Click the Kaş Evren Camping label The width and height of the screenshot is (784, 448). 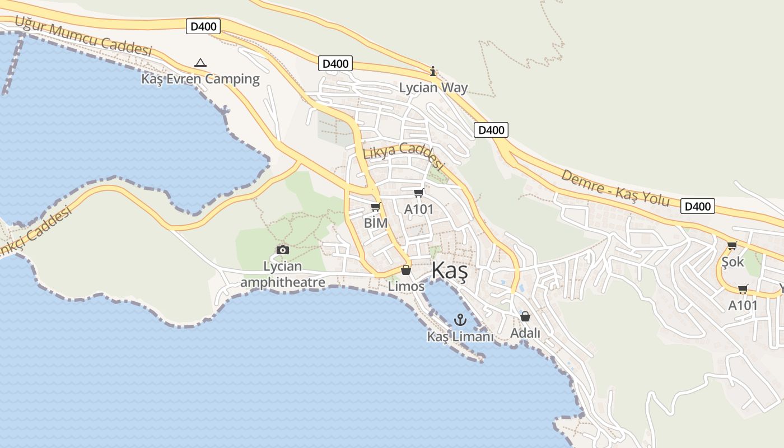(x=200, y=79)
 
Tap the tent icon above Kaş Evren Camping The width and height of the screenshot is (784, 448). (x=200, y=63)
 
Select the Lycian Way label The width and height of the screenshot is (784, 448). (x=433, y=87)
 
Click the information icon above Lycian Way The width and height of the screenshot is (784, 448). (x=432, y=71)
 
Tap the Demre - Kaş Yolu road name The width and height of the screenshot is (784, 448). (x=615, y=188)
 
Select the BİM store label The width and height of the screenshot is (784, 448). (x=376, y=223)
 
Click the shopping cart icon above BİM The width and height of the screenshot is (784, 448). (x=375, y=207)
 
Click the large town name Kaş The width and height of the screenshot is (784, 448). (x=449, y=272)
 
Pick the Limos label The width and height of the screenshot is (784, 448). (x=406, y=286)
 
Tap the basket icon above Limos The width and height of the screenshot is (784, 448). (x=406, y=270)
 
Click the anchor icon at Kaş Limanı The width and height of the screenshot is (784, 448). (x=460, y=320)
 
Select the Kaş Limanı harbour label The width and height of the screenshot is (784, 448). (x=460, y=337)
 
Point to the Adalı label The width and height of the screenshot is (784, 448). (x=525, y=333)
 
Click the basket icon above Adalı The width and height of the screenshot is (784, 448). (x=525, y=316)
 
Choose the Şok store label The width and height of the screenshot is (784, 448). (x=732, y=262)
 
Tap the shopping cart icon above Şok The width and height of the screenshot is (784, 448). (x=732, y=245)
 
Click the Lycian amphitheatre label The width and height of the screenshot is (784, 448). (x=283, y=274)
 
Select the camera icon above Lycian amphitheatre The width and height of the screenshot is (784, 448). (x=283, y=250)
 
